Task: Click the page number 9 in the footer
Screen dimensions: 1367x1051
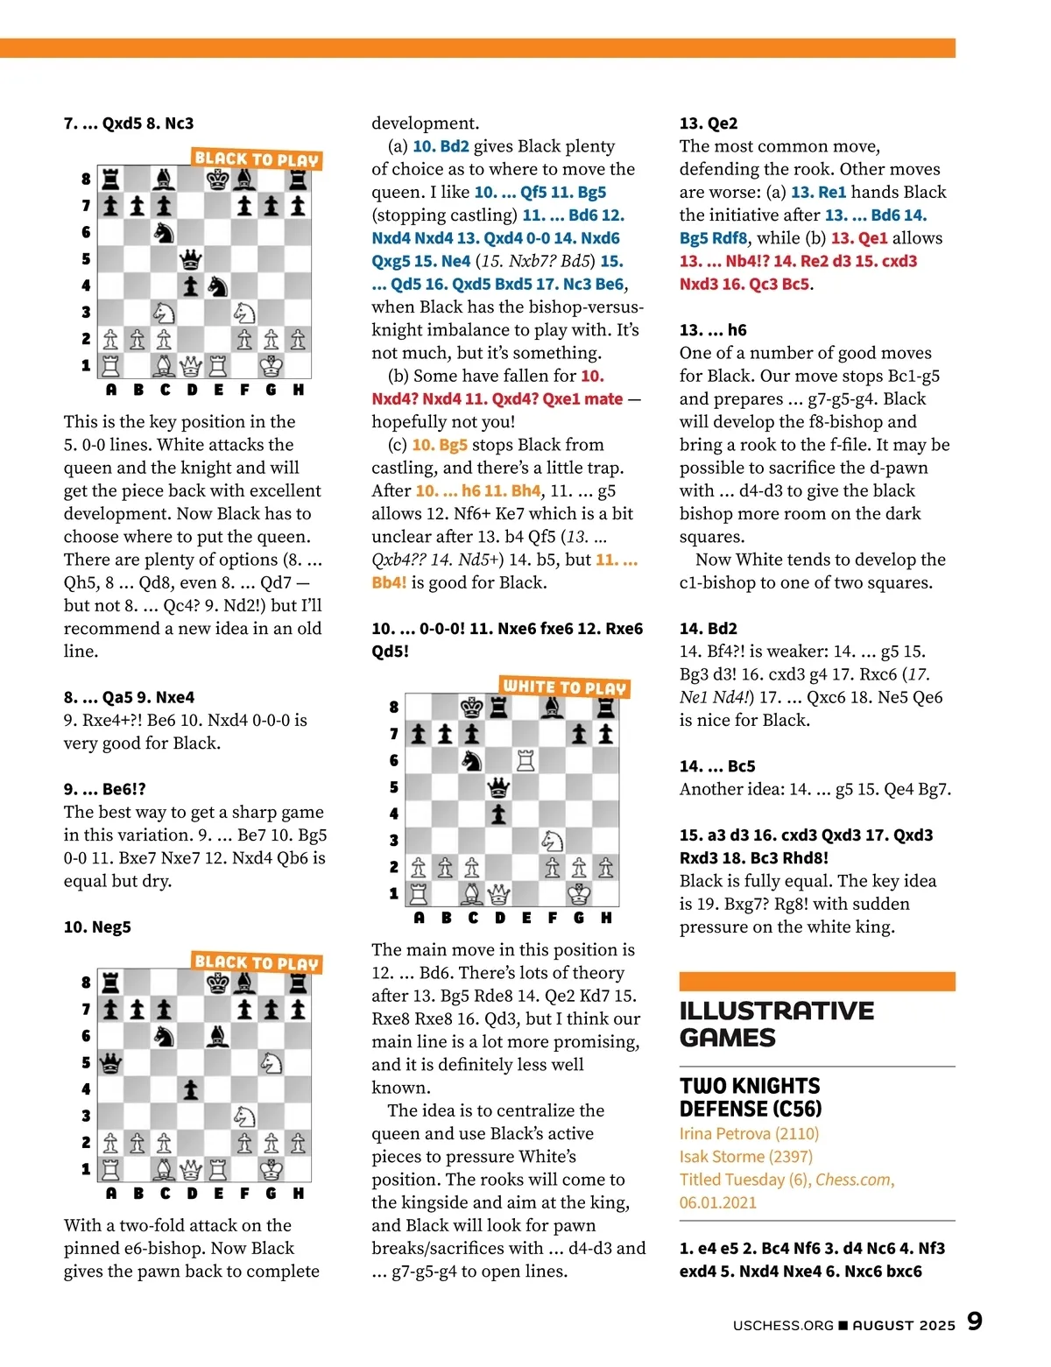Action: (x=974, y=1321)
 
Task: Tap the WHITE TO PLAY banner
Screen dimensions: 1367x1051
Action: (x=565, y=687)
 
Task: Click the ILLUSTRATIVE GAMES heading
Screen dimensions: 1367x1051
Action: (x=776, y=1024)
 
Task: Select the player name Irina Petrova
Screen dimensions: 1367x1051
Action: (x=749, y=1133)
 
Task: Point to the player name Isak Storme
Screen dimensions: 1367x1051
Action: (x=745, y=1156)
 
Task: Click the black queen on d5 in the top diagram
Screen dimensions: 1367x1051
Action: (x=190, y=260)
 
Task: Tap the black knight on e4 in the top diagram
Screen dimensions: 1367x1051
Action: (x=217, y=286)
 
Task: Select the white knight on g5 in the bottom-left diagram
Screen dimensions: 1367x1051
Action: (x=272, y=1062)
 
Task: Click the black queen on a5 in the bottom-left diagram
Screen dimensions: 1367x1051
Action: (x=110, y=1063)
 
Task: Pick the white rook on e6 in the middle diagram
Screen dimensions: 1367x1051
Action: (x=525, y=760)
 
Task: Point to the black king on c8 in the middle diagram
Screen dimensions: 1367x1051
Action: (x=472, y=707)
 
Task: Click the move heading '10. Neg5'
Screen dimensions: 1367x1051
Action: (x=97, y=927)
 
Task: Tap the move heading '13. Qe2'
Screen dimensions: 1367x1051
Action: (x=709, y=123)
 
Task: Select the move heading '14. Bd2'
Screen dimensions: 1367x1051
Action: (x=708, y=628)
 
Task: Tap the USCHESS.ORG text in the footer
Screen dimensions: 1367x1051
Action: (x=783, y=1325)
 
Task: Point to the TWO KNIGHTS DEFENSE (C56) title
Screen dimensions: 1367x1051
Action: (x=751, y=1097)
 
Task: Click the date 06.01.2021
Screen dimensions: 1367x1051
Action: (x=717, y=1202)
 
